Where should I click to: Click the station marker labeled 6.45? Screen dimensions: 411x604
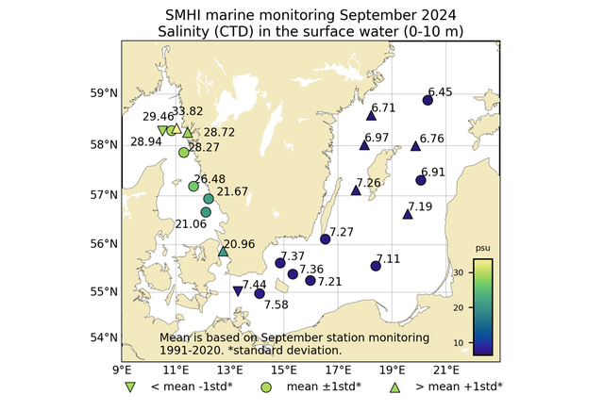point(428,100)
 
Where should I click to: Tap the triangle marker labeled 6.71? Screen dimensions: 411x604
point(371,115)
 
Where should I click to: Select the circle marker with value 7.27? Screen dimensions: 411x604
point(326,238)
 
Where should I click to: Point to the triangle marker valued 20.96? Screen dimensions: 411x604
point(223,252)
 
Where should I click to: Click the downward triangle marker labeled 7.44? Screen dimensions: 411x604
point(237,290)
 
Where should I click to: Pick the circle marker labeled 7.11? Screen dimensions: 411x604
point(376,266)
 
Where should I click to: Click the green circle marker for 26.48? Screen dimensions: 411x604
point(193,186)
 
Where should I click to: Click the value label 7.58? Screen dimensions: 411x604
point(277,304)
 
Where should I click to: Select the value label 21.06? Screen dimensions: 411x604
point(192,223)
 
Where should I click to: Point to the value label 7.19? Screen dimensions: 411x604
point(420,206)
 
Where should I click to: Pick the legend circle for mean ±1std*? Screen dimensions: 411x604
point(266,386)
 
